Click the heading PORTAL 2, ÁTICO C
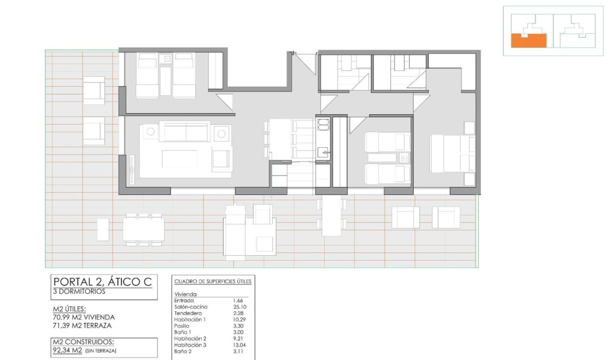(x=102, y=282)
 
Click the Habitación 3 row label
(x=191, y=344)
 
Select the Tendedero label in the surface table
(x=189, y=313)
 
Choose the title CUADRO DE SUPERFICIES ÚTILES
(x=213, y=282)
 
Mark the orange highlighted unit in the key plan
(x=528, y=41)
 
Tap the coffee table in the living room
(x=180, y=159)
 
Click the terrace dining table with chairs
(x=143, y=229)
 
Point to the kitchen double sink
(x=323, y=124)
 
